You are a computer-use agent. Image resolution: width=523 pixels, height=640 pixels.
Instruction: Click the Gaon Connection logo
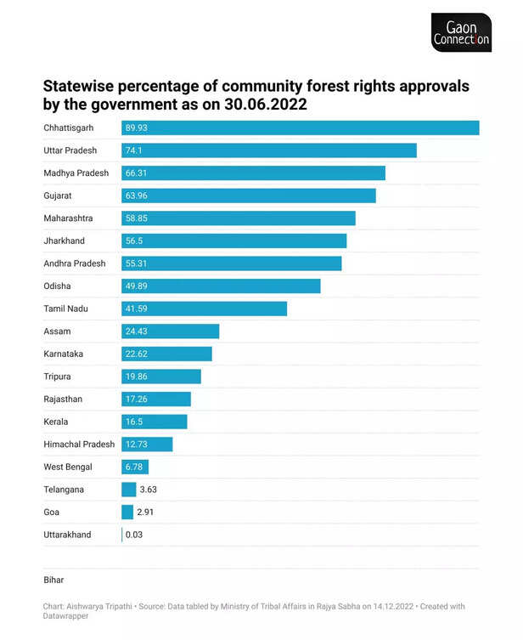[x=461, y=32]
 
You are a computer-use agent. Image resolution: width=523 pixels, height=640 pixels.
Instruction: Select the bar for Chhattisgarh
[x=300, y=127]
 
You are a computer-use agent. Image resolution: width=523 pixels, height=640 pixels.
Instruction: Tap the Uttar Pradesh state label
[x=70, y=150]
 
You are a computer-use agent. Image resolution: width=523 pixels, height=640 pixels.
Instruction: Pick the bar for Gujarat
[x=248, y=195]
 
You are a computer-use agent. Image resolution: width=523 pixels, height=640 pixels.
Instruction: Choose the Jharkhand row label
[x=65, y=241]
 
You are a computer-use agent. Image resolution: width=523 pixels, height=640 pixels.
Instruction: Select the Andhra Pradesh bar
[x=231, y=263]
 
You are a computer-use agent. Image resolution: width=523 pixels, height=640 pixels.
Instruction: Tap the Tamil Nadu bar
[x=204, y=309]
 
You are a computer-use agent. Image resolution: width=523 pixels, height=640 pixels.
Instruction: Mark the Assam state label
[x=58, y=331]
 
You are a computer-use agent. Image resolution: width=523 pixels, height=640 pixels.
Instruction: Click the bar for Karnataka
[x=166, y=354]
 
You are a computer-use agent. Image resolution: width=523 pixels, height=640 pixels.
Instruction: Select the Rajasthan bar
[x=156, y=399]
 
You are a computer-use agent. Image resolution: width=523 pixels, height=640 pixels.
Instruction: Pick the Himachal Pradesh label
[x=79, y=445]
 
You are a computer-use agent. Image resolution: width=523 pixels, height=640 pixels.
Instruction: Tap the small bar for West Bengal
[x=135, y=467]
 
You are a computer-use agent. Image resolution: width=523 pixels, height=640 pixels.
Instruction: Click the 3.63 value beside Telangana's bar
[x=149, y=490]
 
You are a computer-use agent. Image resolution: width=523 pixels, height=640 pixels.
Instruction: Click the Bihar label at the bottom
[x=53, y=580]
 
